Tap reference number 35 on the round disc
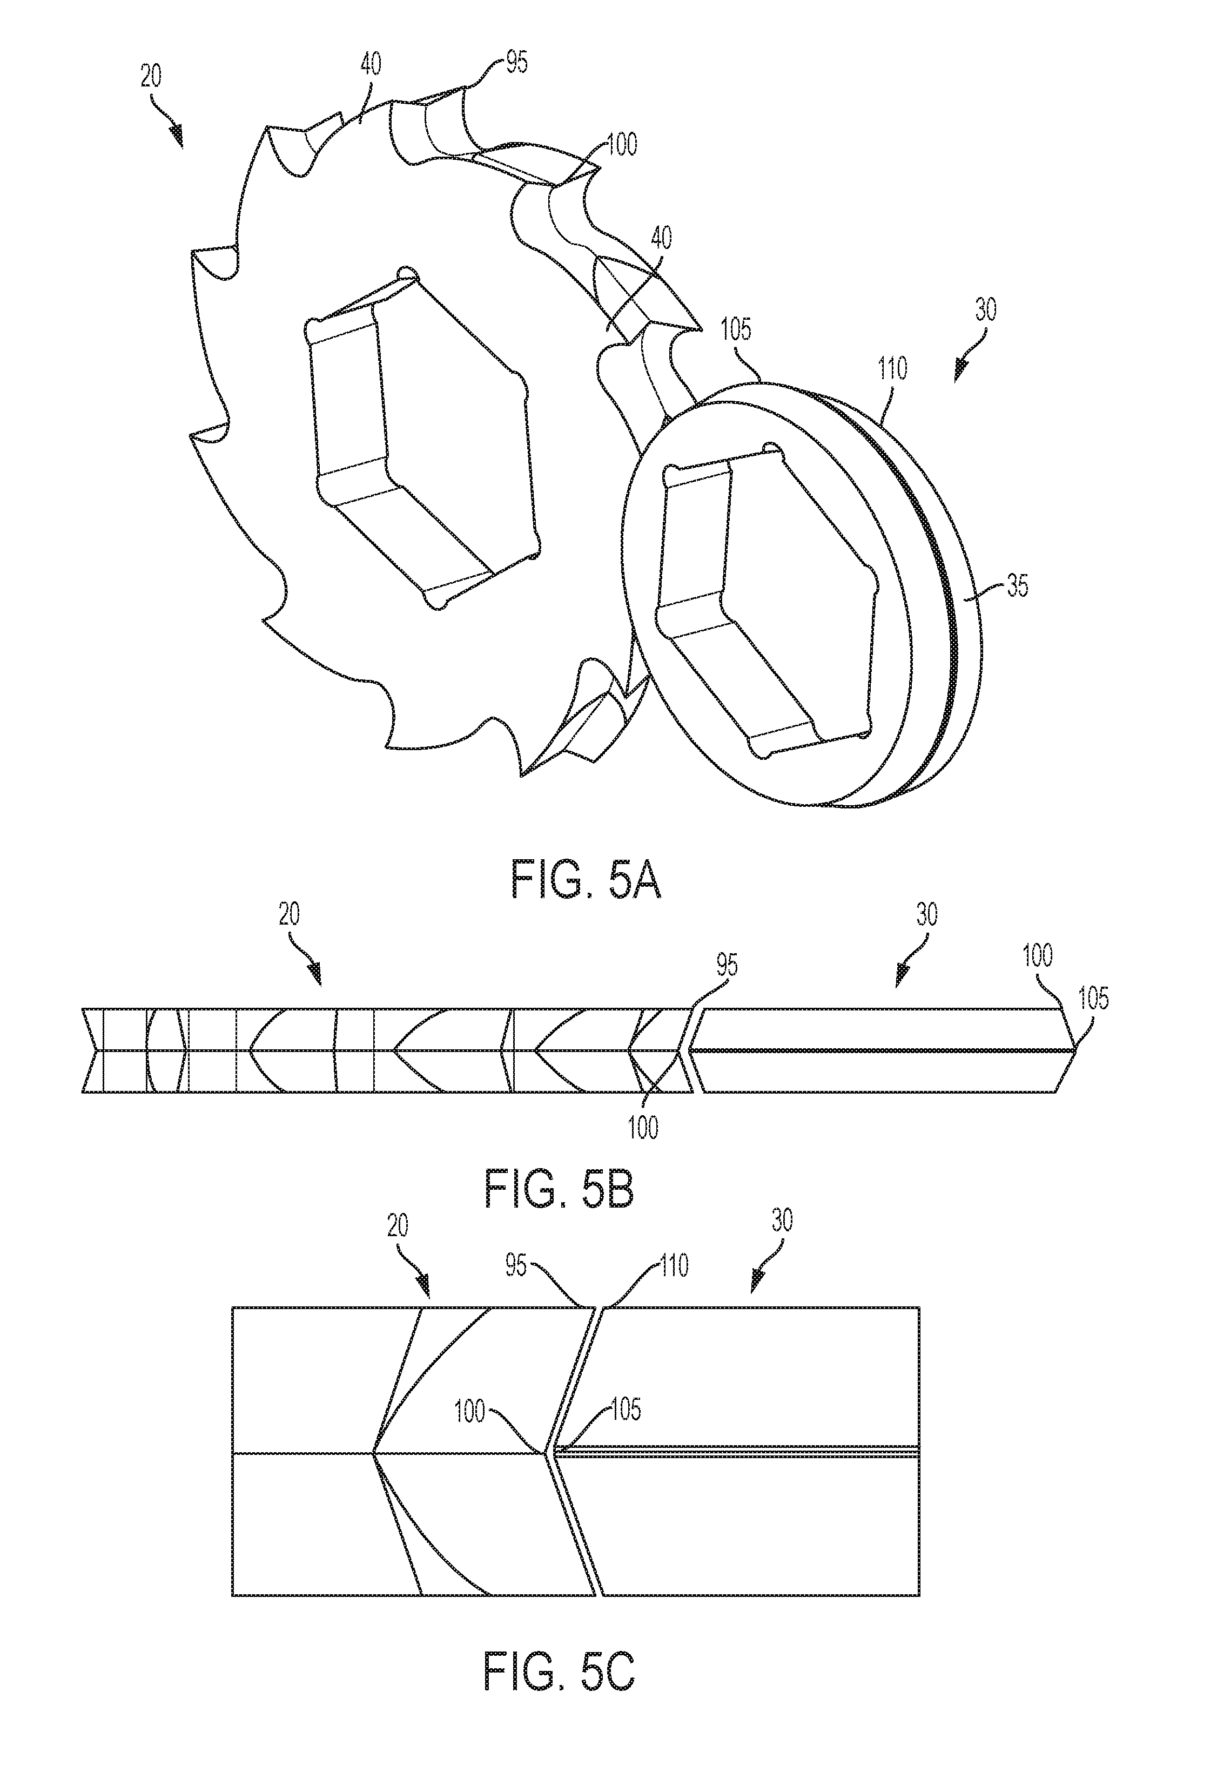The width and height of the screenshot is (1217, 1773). click(x=1018, y=586)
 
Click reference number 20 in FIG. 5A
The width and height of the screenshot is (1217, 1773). click(x=151, y=77)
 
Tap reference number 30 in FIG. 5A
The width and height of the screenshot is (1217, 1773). click(x=985, y=311)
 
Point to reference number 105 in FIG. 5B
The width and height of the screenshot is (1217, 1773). click(x=1093, y=999)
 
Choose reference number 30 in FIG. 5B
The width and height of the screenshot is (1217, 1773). click(x=926, y=915)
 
